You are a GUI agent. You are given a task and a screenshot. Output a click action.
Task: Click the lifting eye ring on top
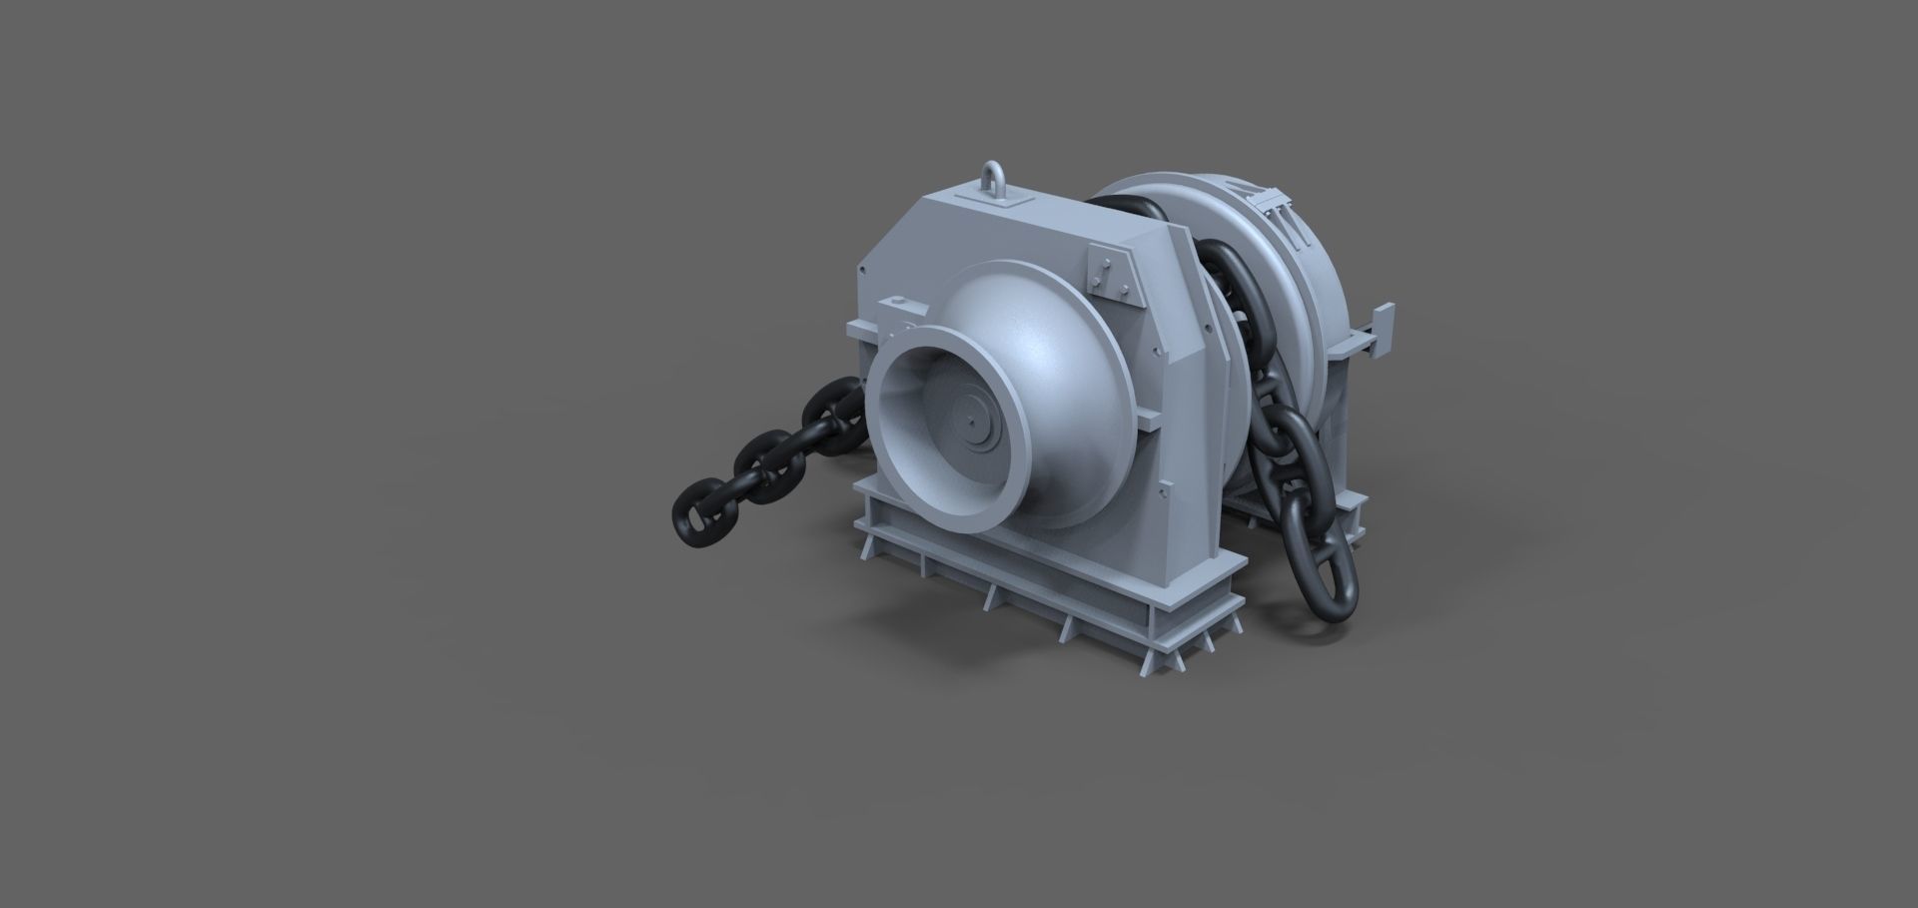click(995, 179)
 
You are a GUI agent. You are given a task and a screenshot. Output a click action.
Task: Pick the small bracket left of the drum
click(892, 305)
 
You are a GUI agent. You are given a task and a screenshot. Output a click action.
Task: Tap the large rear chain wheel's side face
click(1299, 300)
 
